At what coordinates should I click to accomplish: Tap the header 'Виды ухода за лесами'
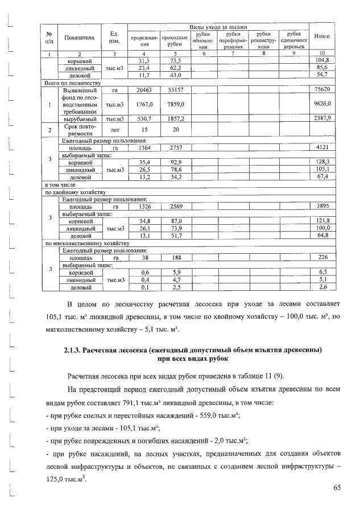218,27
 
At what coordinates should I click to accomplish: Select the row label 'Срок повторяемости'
79,130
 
